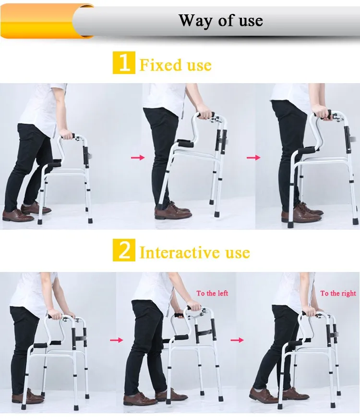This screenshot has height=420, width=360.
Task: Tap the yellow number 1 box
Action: click(124, 63)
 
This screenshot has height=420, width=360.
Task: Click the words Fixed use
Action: click(175, 65)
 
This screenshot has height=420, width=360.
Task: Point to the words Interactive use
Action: click(194, 252)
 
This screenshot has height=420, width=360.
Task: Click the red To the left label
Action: click(212, 293)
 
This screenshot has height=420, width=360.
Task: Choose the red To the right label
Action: click(338, 293)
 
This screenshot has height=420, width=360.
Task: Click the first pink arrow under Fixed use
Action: click(138, 157)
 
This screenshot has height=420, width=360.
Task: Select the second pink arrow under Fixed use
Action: click(253, 157)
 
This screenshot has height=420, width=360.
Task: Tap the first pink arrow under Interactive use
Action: click(117, 340)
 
